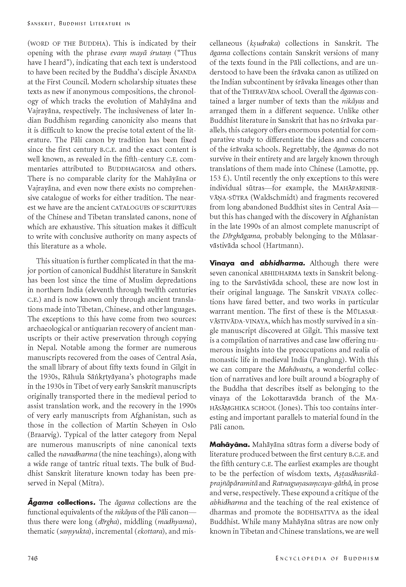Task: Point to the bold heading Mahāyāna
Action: coord(229,445)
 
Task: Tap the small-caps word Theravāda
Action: coord(261,92)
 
